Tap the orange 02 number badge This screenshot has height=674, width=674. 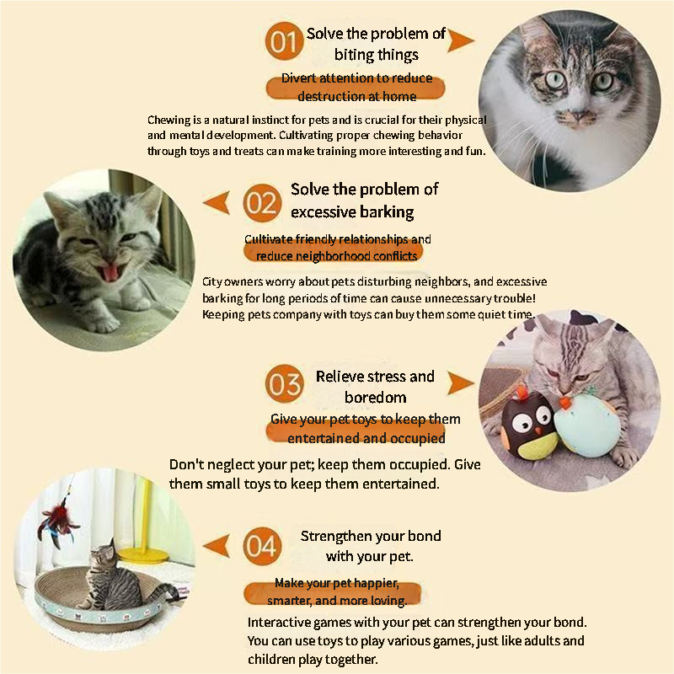click(x=261, y=203)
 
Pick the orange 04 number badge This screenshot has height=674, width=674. click(x=260, y=547)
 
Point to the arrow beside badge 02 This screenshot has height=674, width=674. click(x=217, y=202)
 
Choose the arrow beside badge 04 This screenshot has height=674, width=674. click(x=217, y=546)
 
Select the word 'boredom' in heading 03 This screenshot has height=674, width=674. click(x=375, y=397)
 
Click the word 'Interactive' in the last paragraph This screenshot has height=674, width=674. click(x=281, y=623)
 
